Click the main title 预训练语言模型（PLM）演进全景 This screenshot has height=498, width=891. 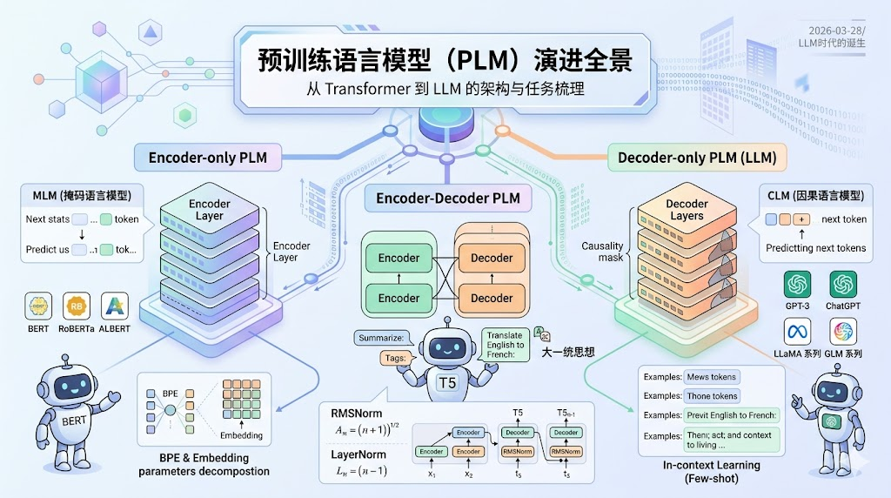coord(445,60)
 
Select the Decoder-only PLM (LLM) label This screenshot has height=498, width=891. coord(696,158)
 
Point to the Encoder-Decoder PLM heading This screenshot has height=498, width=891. coord(447,199)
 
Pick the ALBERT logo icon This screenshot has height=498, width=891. coord(115,306)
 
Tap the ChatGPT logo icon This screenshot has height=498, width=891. coord(842,285)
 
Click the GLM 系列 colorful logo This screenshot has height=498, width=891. coord(842,332)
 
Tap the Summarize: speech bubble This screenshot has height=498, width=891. coord(382,337)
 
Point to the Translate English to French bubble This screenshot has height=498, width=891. coord(506,346)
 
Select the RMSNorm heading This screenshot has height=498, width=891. coord(357,413)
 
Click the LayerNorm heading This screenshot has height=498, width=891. coord(358,454)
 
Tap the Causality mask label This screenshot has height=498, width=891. coord(602,252)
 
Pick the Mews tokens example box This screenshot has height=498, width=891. coord(711,377)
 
